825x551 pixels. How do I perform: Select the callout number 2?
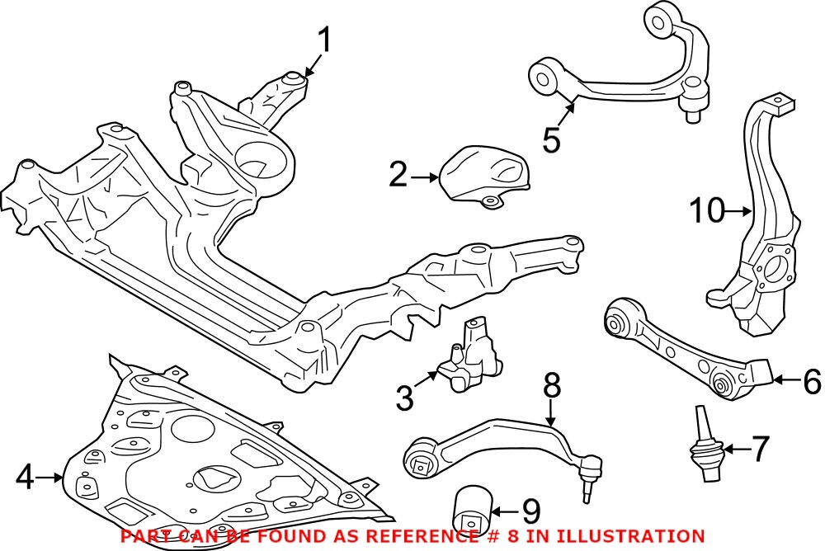398,175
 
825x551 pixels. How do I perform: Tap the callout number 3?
403,398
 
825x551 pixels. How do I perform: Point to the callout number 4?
26,476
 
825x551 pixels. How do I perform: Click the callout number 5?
551,139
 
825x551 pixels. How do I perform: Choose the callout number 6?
811,381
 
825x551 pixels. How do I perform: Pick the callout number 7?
759,450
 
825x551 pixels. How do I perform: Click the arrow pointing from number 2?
425,176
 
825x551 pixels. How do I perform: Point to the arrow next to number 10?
737,212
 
